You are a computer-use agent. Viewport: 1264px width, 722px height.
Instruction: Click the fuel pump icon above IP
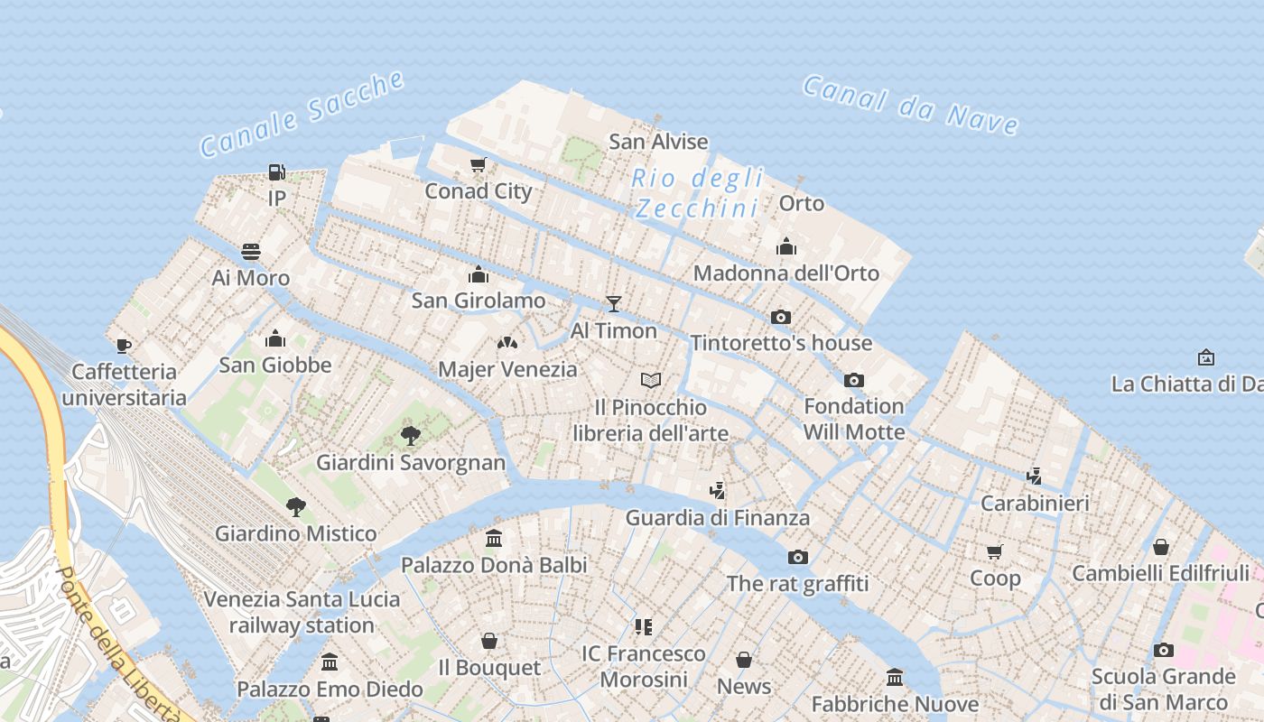click(277, 171)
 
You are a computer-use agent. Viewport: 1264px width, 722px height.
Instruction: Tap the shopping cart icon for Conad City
click(479, 165)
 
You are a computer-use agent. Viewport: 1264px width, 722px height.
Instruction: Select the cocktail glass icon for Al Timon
click(614, 304)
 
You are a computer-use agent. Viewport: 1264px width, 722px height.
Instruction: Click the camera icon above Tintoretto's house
click(781, 317)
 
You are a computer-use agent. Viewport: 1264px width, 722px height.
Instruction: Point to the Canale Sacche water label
click(302, 114)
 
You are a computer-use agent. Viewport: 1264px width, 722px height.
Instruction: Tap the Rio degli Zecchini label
click(697, 193)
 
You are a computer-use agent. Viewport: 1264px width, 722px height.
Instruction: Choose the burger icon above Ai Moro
click(251, 251)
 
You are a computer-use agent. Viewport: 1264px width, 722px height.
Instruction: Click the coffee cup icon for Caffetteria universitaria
click(124, 346)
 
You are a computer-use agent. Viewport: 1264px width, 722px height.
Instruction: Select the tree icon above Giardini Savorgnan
click(411, 437)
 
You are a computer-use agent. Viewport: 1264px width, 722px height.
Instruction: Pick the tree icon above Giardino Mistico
click(295, 507)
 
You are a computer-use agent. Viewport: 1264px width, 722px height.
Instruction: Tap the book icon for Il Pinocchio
click(651, 381)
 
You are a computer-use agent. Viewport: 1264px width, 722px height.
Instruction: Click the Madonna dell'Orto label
click(785, 273)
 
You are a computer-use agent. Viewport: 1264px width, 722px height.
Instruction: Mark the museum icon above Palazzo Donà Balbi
click(494, 539)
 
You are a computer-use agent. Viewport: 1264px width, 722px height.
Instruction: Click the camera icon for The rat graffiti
click(798, 557)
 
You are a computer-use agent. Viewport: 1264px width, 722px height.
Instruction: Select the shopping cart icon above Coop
click(995, 551)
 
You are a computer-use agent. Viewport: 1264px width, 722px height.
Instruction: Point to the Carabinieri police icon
click(1035, 476)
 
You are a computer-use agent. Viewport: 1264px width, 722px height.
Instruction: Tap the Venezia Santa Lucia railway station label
click(302, 612)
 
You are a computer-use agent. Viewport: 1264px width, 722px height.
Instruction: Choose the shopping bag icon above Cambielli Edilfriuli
click(1161, 547)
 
